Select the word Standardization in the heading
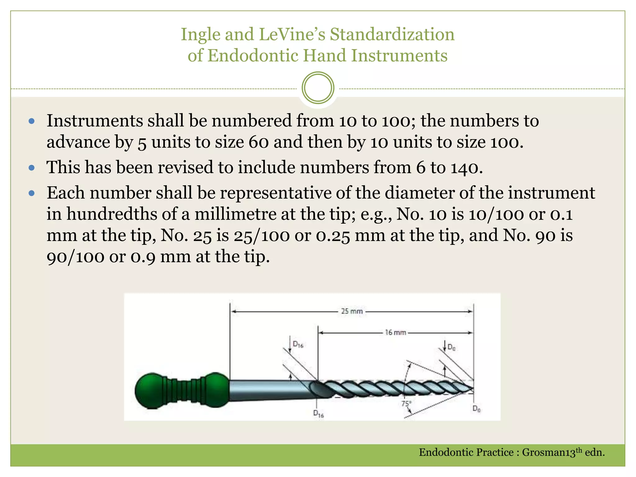coord(392,34)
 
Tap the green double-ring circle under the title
coord(318,88)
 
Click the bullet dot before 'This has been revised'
coord(31,168)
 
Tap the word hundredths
coord(112,214)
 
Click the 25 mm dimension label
coord(352,311)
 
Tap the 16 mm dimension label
coord(396,333)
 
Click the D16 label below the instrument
coord(319,414)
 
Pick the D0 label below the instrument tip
coord(477,409)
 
